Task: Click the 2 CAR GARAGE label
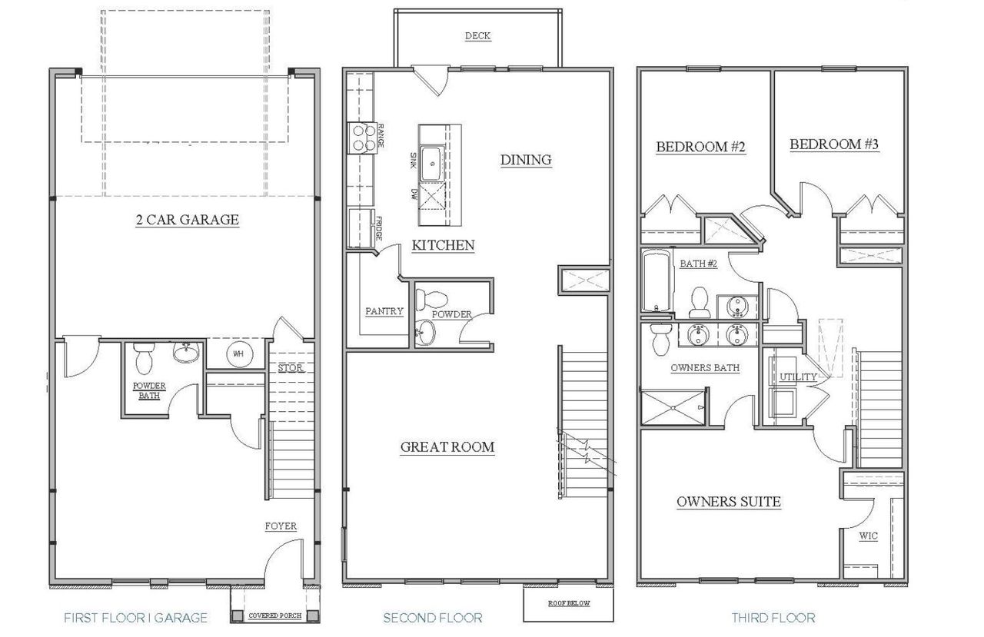187,221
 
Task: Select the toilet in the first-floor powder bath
144,357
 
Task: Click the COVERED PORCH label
274,615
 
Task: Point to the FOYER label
281,526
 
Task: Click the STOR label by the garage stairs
291,368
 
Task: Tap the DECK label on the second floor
477,36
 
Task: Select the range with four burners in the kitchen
361,136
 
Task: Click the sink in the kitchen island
433,163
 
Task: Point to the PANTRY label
384,311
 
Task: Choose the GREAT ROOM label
447,447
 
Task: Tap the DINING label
526,160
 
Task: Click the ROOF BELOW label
569,603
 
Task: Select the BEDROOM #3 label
834,144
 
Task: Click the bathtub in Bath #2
655,281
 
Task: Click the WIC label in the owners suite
868,536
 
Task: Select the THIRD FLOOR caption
773,618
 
